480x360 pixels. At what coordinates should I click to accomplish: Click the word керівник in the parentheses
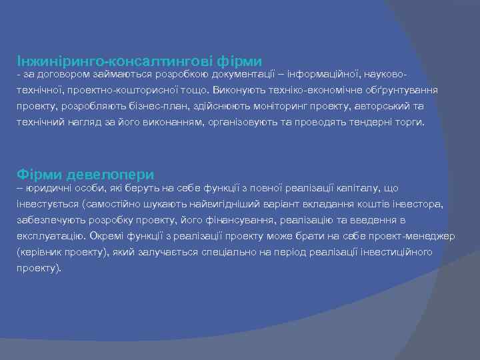click(x=39, y=252)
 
